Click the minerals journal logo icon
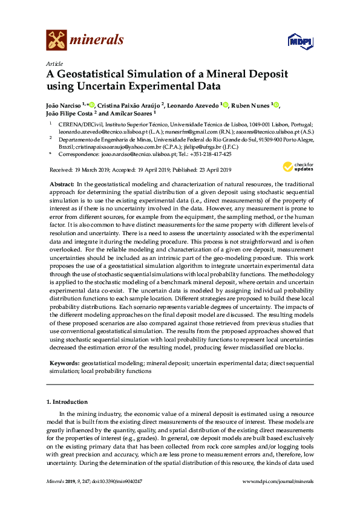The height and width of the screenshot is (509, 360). (x=56, y=41)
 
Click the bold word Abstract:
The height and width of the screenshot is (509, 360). (x=62, y=183)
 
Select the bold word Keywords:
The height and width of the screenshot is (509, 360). (x=64, y=363)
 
